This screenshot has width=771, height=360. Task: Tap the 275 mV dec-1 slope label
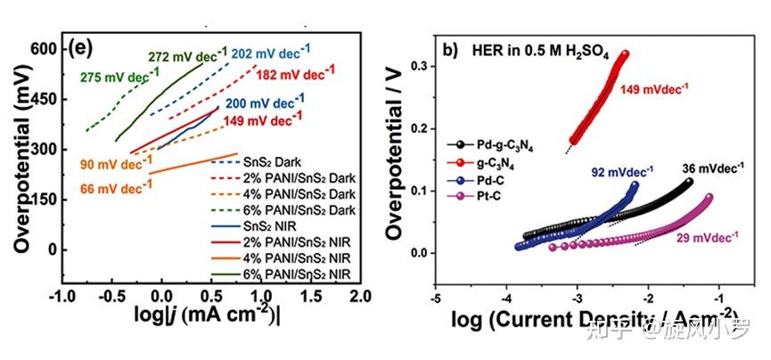[115, 78]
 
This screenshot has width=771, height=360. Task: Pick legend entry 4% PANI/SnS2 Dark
[291, 192]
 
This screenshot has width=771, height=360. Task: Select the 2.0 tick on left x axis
[359, 295]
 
